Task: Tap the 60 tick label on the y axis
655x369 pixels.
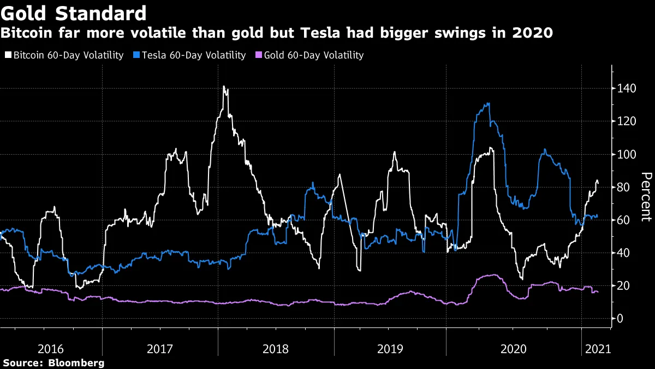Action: pyautogui.click(x=624, y=220)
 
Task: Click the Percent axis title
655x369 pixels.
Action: pyautogui.click(x=646, y=197)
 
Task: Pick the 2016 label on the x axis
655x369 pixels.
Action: pyautogui.click(x=51, y=348)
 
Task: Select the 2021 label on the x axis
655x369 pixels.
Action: pyautogui.click(x=597, y=348)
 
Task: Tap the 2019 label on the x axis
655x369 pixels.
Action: pyautogui.click(x=390, y=348)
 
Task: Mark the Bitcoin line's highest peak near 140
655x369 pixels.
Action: pyautogui.click(x=224, y=86)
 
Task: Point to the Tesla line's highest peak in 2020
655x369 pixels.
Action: pyautogui.click(x=488, y=103)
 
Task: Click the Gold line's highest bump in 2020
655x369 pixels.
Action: pyautogui.click(x=493, y=275)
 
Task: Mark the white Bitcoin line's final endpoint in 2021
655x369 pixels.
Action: pyautogui.click(x=598, y=182)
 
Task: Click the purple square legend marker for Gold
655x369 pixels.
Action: pyautogui.click(x=260, y=55)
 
